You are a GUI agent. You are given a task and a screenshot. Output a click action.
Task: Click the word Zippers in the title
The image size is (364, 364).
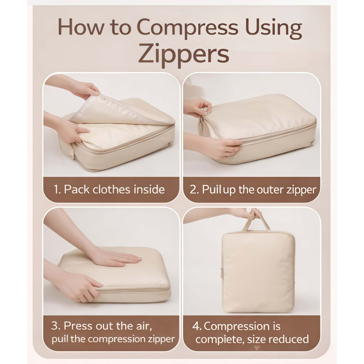(184, 55)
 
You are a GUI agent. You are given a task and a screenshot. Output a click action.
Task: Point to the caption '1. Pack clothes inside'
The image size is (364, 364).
(109, 189)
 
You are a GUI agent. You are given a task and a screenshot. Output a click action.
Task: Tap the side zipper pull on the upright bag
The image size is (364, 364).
(222, 272)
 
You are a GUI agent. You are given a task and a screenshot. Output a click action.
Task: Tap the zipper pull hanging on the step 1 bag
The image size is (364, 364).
(72, 150)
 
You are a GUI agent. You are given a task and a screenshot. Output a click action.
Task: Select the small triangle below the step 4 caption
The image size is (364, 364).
(257, 348)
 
